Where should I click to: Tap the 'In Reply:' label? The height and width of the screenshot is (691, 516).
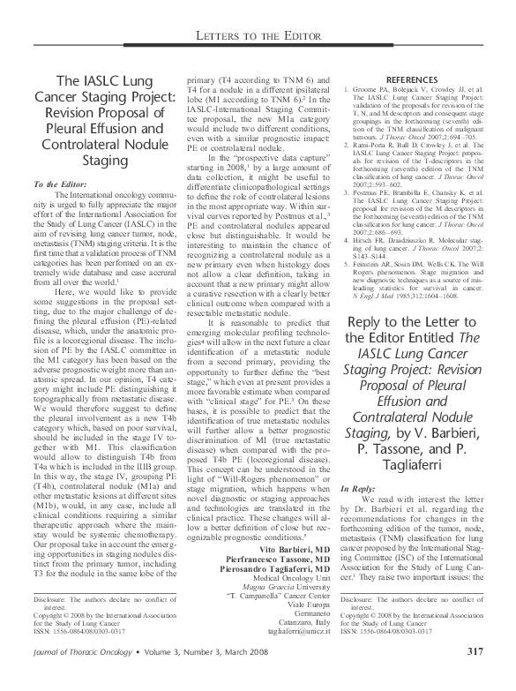(363, 487)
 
